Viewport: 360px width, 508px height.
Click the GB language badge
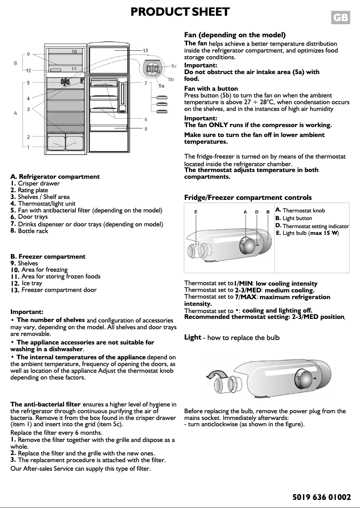(x=340, y=18)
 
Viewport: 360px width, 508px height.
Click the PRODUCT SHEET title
(x=180, y=12)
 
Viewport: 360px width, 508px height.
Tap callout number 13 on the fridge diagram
(x=145, y=50)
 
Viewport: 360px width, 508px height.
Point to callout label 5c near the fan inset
(x=174, y=66)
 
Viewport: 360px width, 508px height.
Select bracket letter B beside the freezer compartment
(x=16, y=63)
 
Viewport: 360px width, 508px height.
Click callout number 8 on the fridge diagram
(x=146, y=129)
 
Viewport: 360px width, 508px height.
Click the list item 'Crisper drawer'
(x=39, y=184)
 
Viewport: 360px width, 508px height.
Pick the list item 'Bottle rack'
(x=33, y=231)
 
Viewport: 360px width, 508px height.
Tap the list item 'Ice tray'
(x=32, y=283)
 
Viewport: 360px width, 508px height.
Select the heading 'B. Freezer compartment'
(x=48, y=257)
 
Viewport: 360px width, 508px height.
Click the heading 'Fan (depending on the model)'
(x=235, y=35)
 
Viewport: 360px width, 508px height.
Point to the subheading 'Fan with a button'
(x=211, y=88)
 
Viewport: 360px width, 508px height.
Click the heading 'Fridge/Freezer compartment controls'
(x=248, y=198)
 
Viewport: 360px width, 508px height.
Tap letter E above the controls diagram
(x=196, y=212)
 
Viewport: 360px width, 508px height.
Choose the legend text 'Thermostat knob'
(x=303, y=211)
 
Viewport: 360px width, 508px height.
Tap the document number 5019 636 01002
(x=321, y=497)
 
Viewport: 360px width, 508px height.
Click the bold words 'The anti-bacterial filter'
(x=45, y=405)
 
